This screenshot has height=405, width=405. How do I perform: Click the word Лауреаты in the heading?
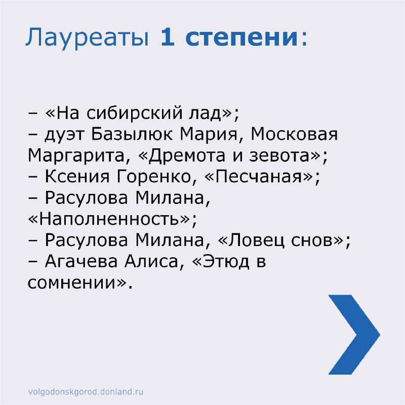click(x=87, y=37)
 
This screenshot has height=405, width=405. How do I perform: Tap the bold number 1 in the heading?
click(x=168, y=37)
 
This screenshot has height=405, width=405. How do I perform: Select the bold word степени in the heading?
click(x=242, y=38)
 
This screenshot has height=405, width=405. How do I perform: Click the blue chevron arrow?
click(x=354, y=335)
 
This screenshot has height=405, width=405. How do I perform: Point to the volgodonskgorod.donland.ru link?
click(x=86, y=391)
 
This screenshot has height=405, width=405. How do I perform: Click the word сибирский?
click(x=134, y=113)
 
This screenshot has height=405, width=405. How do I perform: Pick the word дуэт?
click(x=65, y=135)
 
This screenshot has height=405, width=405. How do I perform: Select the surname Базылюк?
click(x=132, y=134)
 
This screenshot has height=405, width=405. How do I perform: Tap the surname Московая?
click(x=294, y=134)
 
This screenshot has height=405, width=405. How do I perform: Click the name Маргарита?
click(x=76, y=156)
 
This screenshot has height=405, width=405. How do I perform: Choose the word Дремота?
click(x=187, y=156)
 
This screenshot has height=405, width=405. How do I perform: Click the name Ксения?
click(x=77, y=176)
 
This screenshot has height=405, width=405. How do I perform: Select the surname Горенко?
click(x=154, y=176)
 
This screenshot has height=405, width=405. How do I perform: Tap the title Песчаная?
click(x=258, y=176)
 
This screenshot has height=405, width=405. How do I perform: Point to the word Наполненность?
click(x=109, y=219)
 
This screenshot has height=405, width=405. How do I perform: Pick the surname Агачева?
click(x=81, y=261)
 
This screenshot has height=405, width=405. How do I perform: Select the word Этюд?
click(x=226, y=262)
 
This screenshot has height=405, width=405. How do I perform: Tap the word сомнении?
click(x=71, y=283)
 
